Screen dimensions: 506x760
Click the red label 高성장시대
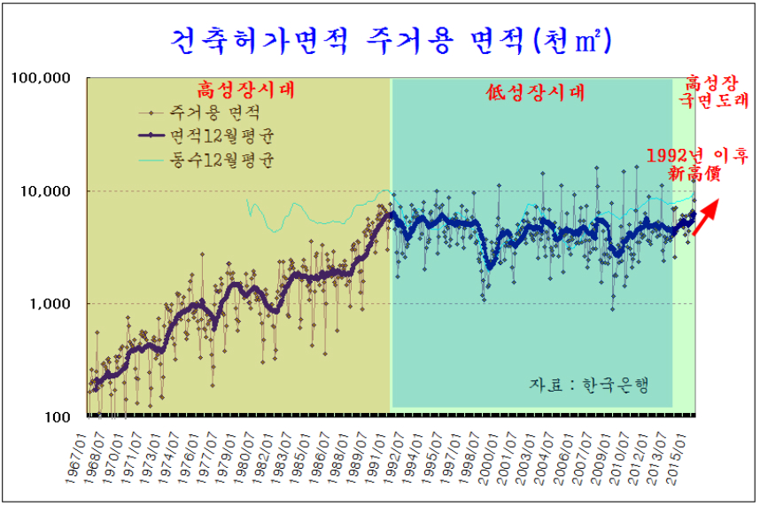click(244, 90)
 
